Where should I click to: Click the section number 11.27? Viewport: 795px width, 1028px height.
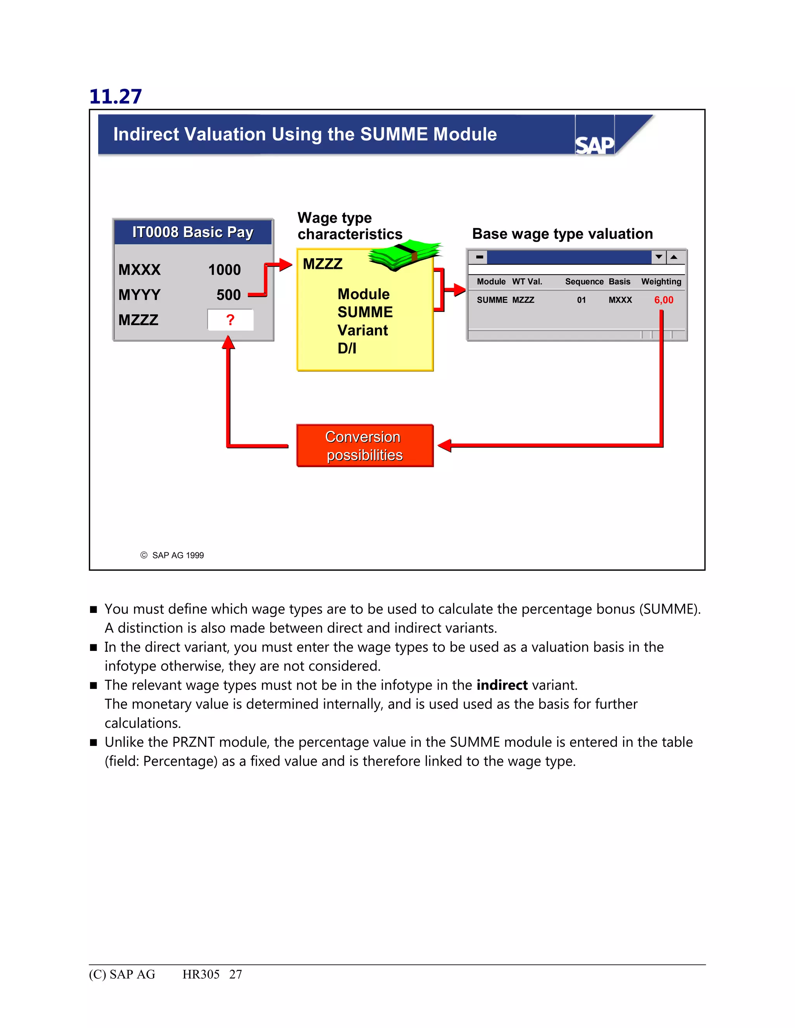click(115, 97)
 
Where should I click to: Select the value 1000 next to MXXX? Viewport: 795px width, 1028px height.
click(224, 270)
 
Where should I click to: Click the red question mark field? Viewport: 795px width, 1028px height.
click(230, 320)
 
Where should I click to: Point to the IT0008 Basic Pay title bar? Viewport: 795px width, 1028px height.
click(193, 232)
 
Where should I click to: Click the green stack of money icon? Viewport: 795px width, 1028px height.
click(404, 255)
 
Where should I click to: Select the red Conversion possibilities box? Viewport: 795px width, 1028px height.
click(365, 446)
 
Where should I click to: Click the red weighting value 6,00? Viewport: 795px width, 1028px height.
click(663, 300)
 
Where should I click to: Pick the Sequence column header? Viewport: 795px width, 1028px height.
click(584, 282)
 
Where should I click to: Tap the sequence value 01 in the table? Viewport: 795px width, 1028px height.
click(581, 300)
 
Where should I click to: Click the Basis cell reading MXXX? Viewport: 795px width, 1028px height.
click(620, 300)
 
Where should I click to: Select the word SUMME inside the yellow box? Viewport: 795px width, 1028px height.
click(365, 312)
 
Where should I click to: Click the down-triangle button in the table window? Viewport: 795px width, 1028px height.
click(659, 257)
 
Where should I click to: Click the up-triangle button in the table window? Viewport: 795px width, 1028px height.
click(674, 257)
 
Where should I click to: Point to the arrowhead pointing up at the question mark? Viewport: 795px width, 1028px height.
click(228, 342)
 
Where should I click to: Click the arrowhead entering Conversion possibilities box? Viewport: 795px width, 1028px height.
click(444, 445)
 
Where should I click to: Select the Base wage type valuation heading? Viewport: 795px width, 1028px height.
click(562, 234)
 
